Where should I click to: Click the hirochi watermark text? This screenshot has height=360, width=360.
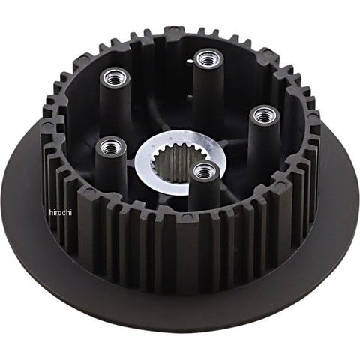tap(61, 212)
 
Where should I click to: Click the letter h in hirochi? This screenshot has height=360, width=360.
tap(51, 212)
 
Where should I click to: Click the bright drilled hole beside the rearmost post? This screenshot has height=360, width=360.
tap(190, 61)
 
